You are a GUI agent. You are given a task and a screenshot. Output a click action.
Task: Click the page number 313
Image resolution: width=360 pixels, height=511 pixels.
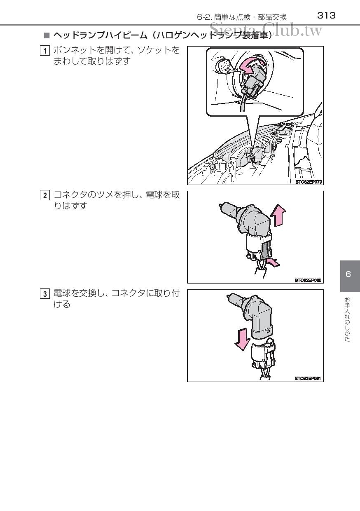click(x=326, y=16)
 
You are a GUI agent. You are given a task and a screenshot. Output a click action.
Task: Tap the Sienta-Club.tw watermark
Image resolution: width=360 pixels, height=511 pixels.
click(x=266, y=30)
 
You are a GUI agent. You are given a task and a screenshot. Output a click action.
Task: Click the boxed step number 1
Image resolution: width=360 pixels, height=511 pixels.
click(x=45, y=51)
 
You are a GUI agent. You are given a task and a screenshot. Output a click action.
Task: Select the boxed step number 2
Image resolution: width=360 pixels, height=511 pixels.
click(x=45, y=195)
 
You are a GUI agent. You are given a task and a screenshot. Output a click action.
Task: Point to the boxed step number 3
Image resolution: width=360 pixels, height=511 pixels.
click(x=45, y=294)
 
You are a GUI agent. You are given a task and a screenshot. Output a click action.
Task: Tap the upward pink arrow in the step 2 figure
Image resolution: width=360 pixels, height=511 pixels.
click(x=278, y=215)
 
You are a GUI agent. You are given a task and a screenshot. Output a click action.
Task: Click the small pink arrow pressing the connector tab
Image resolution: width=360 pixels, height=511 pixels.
click(x=273, y=263)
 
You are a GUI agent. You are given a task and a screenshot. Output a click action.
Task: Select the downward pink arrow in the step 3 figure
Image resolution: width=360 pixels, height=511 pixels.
click(x=243, y=339)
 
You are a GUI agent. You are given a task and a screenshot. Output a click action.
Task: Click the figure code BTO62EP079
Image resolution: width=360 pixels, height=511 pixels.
click(x=309, y=182)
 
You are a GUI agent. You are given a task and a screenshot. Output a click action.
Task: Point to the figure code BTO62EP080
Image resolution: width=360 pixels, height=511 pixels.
click(x=308, y=280)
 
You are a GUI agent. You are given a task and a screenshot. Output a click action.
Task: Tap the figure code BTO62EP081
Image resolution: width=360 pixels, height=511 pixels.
click(x=308, y=378)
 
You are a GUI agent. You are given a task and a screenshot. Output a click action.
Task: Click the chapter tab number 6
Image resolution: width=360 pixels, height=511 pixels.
click(x=348, y=274)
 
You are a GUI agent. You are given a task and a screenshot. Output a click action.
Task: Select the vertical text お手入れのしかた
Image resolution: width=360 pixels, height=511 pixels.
click(x=347, y=320)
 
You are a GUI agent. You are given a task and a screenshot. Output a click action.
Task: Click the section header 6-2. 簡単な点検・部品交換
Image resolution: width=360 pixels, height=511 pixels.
click(x=242, y=17)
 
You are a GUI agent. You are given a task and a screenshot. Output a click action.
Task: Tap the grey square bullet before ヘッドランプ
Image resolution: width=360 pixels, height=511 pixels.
click(x=47, y=35)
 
